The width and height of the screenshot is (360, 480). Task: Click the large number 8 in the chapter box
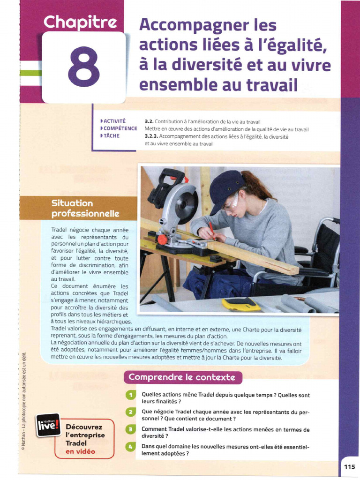(84, 67)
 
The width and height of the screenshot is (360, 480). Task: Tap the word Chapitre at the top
(79, 22)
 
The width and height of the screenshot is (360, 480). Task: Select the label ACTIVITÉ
(114, 121)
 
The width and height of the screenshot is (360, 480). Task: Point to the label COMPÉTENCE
(120, 128)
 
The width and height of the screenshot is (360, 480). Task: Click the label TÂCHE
(111, 136)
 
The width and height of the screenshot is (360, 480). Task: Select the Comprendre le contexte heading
(182, 377)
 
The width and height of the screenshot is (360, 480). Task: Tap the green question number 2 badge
(131, 412)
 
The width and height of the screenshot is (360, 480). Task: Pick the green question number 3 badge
(131, 429)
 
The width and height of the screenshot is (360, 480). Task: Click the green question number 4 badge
(131, 447)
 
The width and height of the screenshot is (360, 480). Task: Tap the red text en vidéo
(81, 451)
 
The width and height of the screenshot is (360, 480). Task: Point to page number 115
(349, 466)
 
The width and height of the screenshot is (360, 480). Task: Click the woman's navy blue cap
(225, 186)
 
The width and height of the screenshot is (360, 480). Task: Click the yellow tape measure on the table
(241, 304)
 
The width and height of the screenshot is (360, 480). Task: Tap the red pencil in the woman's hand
(212, 228)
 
